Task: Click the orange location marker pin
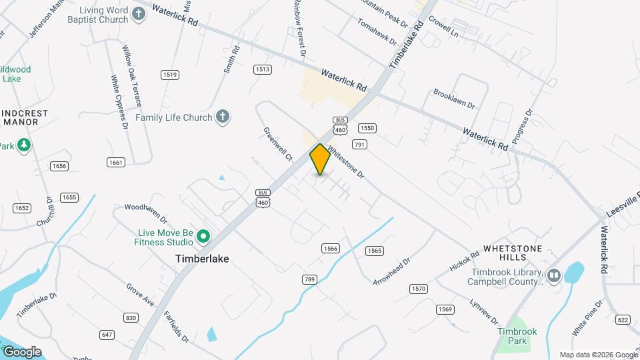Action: point(321,159)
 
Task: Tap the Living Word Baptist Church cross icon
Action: point(139,15)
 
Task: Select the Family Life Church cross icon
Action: point(223,117)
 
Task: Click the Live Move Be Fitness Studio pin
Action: point(204,237)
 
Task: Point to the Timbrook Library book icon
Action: point(553,275)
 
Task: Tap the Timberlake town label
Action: point(202,258)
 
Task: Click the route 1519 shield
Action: point(170,75)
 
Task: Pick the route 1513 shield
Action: point(262,69)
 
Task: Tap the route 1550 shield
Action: point(367,128)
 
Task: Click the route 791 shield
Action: point(360,144)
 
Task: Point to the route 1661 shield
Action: point(115,163)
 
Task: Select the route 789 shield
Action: point(309,279)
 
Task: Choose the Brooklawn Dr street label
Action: point(453,99)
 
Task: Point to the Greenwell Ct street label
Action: point(278,145)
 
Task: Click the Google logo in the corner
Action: point(22,351)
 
